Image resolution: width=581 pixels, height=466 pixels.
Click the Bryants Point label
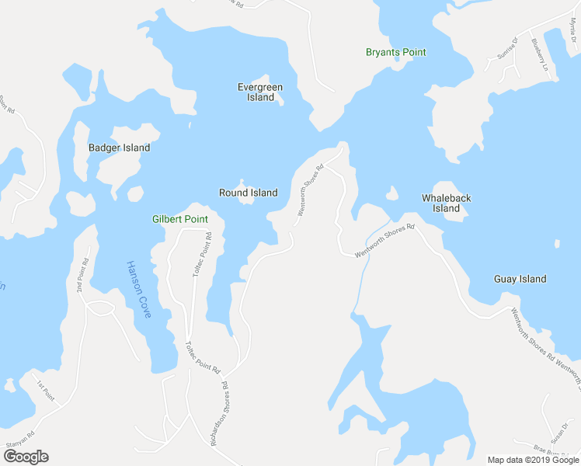[396, 52]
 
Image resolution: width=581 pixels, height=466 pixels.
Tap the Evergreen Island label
[260, 92]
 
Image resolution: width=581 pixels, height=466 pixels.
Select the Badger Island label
[119, 148]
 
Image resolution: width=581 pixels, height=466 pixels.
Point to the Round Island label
[248, 193]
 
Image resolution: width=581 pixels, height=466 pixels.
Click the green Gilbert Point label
[180, 220]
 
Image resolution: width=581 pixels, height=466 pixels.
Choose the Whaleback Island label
[446, 203]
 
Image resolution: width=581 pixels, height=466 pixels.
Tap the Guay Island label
[520, 279]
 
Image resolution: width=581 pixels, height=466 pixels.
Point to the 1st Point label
[45, 390]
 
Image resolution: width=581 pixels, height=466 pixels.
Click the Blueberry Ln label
[540, 57]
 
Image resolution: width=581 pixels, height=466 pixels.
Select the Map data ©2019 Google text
[534, 460]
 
